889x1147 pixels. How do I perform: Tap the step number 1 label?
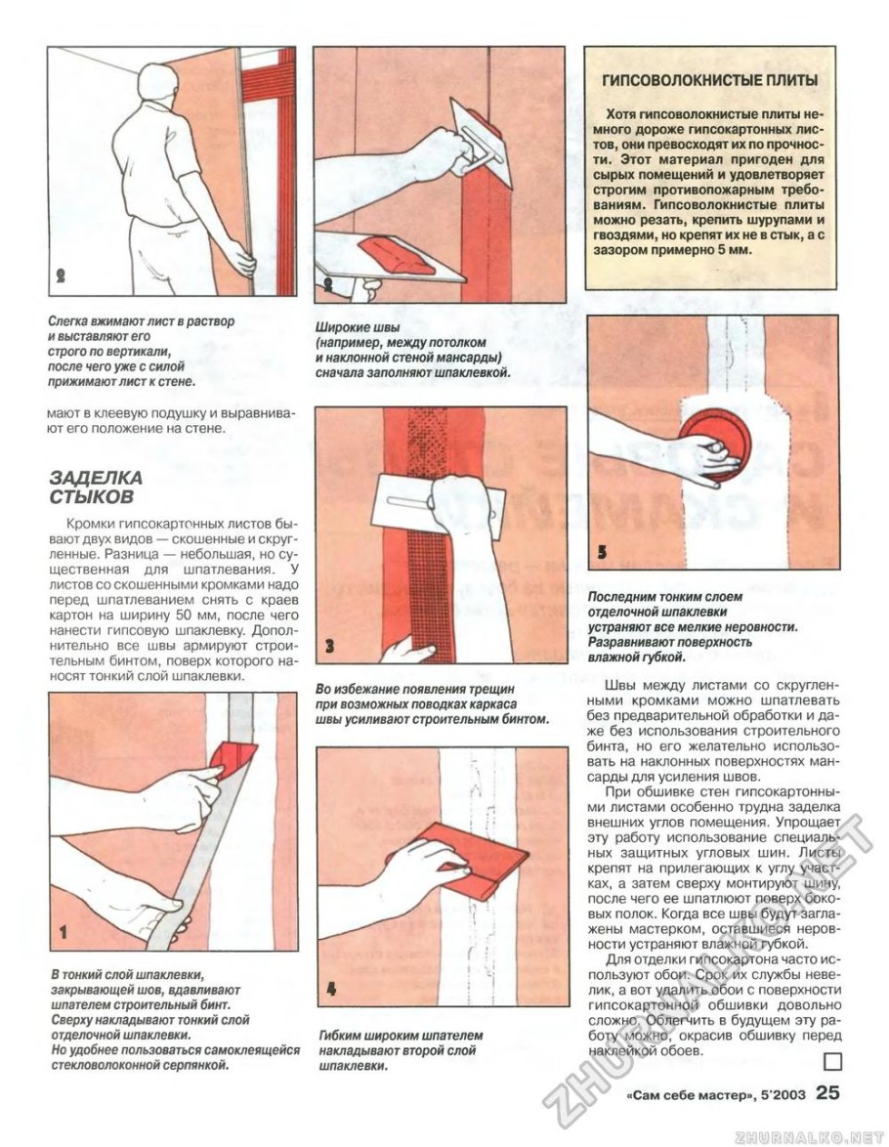(62, 933)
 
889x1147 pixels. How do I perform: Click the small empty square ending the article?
(831, 1062)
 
